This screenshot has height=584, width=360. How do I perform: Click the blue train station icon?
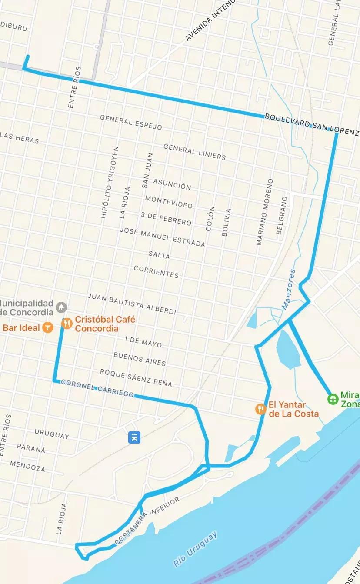coord(134,437)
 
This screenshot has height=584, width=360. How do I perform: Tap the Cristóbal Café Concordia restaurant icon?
coord(67,324)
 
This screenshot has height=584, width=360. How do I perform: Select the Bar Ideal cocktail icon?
coord(47,327)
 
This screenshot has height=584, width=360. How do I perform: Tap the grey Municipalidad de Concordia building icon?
coord(62,307)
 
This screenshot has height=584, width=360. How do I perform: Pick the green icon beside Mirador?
coord(333,398)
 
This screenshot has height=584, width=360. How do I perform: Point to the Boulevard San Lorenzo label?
coord(311,124)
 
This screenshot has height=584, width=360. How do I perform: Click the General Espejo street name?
coord(131,123)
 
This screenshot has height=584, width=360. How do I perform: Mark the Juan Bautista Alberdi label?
coord(132,304)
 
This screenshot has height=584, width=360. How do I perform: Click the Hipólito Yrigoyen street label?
coord(109,182)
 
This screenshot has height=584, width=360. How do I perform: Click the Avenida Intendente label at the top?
coord(210,22)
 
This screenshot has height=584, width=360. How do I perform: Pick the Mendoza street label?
coord(27,466)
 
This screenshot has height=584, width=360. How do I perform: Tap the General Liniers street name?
coord(194,152)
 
